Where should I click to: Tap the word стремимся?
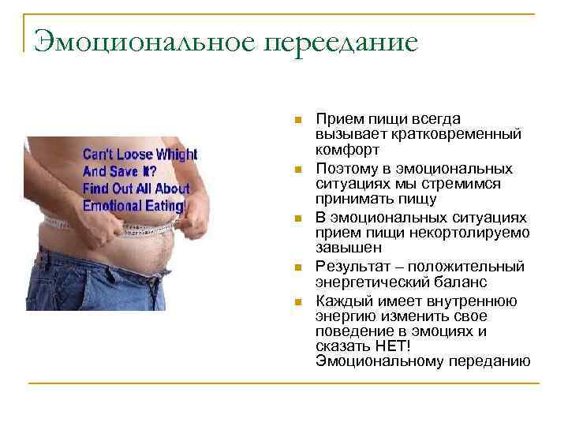point(481,183)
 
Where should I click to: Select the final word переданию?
point(489,361)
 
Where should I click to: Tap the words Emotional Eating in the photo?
point(134,206)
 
